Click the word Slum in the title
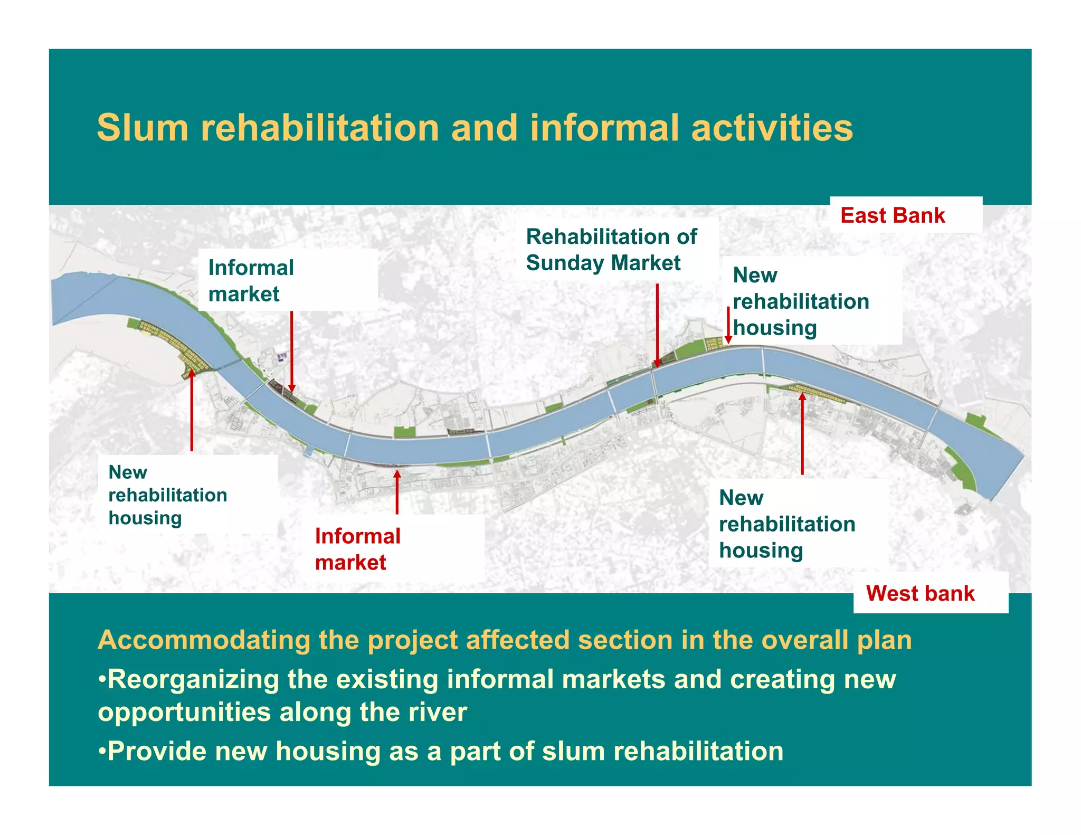click(x=143, y=128)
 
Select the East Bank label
click(x=893, y=215)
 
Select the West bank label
click(x=920, y=593)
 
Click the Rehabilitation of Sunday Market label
click(x=611, y=250)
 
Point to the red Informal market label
click(x=357, y=549)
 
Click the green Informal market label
click(x=251, y=280)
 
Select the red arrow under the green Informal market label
click(x=292, y=351)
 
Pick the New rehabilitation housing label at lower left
click(x=167, y=495)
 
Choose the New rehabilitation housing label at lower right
click(x=786, y=524)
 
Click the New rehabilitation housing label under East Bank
click(x=800, y=301)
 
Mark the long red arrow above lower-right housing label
click(x=802, y=433)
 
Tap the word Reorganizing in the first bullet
click(x=193, y=679)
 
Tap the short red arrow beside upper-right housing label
click(x=728, y=325)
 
